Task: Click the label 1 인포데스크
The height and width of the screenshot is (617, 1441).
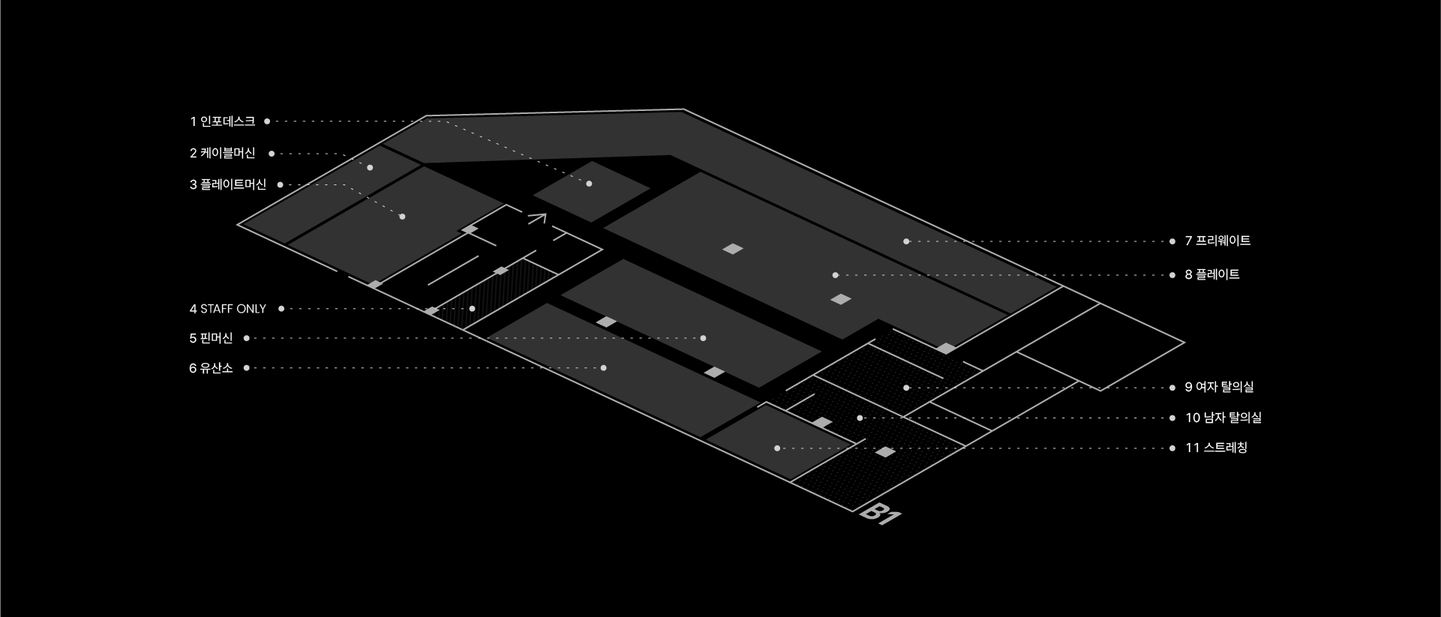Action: [x=222, y=121]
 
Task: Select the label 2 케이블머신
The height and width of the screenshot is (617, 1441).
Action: [x=222, y=153]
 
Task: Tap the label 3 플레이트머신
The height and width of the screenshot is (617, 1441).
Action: [x=228, y=184]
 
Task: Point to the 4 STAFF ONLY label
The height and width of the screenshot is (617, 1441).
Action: [x=228, y=309]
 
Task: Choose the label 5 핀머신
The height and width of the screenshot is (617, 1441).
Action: [x=211, y=338]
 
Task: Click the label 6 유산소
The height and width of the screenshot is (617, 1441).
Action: [x=211, y=368]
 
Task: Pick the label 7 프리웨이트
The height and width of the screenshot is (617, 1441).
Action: [x=1217, y=241]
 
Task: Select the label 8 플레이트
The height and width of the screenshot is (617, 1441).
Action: [x=1212, y=274]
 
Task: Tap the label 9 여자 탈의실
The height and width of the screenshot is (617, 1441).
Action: [x=1219, y=387]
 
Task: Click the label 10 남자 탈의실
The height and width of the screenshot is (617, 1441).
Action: [x=1223, y=418]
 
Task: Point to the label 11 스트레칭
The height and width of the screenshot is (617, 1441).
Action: [x=1216, y=448]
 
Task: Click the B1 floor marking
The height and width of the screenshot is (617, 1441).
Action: [x=880, y=514]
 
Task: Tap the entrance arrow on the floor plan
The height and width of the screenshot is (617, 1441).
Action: [x=537, y=219]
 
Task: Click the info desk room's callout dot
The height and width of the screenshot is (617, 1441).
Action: [x=589, y=184]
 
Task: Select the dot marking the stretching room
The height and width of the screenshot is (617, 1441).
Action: [x=777, y=448]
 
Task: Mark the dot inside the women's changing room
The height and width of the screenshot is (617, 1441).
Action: [x=906, y=388]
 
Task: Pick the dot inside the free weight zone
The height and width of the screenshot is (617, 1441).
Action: [x=906, y=241]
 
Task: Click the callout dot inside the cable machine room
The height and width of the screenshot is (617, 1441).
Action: [x=370, y=167]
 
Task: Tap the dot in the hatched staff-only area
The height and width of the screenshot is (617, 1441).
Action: [x=472, y=309]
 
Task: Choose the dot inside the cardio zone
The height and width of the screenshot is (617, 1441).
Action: [x=604, y=368]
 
